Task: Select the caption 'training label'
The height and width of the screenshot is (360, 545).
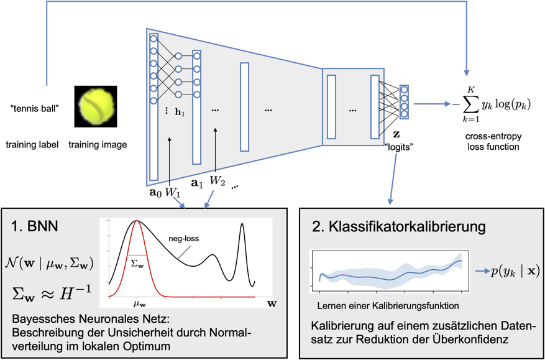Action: tap(32, 145)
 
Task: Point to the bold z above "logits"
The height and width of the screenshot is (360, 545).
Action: tap(396, 136)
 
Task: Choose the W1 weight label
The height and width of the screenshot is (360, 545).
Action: tap(173, 193)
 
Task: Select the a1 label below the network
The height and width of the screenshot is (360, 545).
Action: tap(197, 184)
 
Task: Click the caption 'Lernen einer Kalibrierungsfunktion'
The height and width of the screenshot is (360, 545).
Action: tap(388, 305)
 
